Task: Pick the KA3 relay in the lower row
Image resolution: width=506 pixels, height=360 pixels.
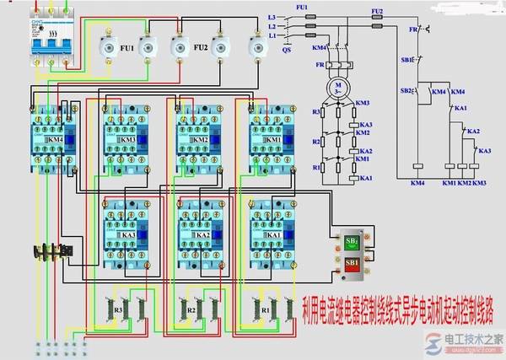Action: tap(125, 229)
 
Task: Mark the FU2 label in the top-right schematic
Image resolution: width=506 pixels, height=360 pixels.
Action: tap(376, 10)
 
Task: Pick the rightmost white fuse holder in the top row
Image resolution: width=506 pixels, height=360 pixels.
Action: tap(256, 46)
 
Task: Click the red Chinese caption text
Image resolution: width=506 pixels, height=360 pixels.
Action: tap(396, 302)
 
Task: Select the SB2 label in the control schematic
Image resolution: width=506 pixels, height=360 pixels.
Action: tap(406, 89)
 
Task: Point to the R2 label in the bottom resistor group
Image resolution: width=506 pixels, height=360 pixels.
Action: tap(192, 310)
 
